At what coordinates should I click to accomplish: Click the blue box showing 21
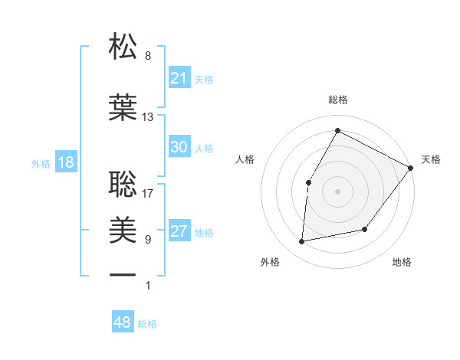[x=179, y=77]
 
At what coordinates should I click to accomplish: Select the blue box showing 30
[x=179, y=147]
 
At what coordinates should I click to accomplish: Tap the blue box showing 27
[x=179, y=231]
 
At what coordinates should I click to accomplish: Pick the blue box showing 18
[x=65, y=162]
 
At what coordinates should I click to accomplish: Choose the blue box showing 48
[x=123, y=322]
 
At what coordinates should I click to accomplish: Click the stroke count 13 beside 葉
[x=148, y=117]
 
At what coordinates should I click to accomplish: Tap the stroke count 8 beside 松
[x=148, y=56]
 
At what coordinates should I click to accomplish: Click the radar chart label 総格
[x=337, y=100]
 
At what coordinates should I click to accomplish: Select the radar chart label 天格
[x=431, y=159]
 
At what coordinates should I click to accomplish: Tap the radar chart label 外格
[x=270, y=262]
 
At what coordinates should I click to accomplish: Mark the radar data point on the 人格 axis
[x=308, y=182]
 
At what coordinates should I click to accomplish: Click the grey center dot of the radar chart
[x=337, y=191]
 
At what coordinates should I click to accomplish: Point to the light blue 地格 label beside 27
[x=204, y=232]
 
